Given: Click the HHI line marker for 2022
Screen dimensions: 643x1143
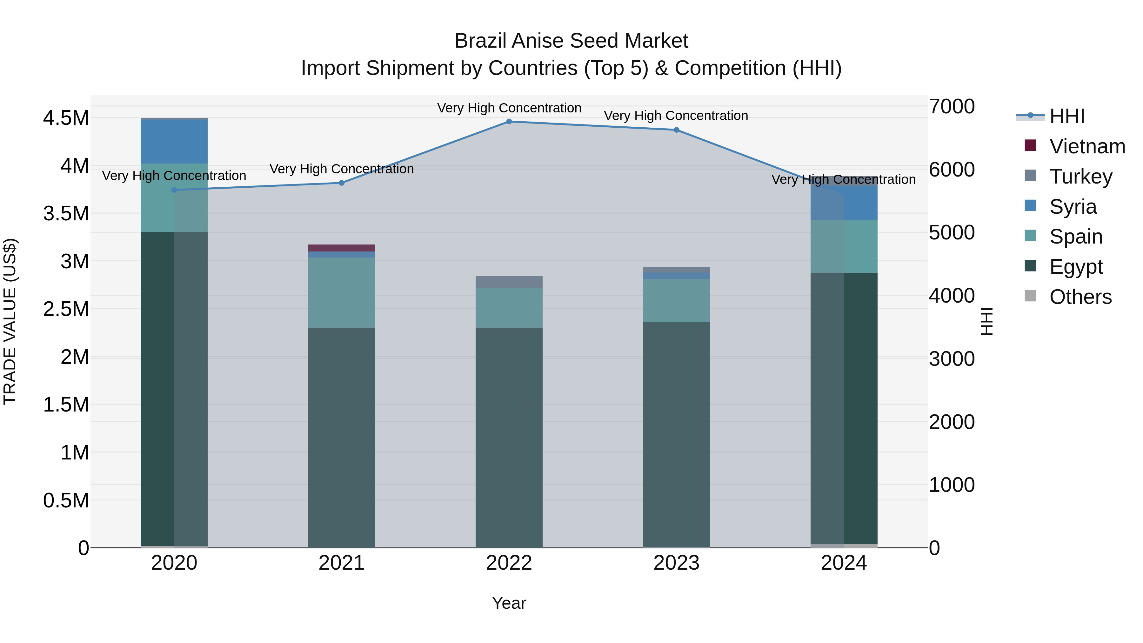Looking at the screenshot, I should point(509,122).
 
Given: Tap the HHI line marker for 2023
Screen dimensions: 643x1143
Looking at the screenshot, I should point(676,130).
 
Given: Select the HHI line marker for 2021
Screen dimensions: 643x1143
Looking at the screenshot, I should point(342,183).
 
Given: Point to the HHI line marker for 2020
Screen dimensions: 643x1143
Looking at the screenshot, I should point(174,190).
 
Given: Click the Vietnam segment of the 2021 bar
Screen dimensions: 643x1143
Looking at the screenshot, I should point(342,248).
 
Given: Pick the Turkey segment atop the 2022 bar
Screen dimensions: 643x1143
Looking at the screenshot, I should point(509,282).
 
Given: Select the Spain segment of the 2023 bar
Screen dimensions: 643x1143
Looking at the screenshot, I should point(676,300).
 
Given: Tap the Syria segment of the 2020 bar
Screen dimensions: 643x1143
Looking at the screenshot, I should point(174,142).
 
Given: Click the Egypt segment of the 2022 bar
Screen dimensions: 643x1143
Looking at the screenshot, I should point(509,437).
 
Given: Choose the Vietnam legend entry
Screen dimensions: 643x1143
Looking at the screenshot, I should point(1087,146).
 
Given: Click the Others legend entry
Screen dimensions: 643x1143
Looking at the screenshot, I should point(1080,297).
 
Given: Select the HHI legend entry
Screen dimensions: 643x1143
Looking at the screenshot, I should point(1067,116).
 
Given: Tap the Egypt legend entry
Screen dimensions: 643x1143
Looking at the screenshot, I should point(1076,267).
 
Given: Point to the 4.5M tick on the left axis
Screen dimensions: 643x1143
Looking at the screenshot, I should point(66,118).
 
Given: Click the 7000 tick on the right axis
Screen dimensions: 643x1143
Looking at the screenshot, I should point(952,106).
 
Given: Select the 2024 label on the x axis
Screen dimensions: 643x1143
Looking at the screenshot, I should point(844,563).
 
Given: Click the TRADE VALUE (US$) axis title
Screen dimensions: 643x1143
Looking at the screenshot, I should point(10,321).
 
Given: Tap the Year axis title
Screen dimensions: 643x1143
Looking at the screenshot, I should point(509,603).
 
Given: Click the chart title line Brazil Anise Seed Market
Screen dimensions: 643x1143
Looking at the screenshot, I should point(571,41).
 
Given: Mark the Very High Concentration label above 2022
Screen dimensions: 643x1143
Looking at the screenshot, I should point(509,108).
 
